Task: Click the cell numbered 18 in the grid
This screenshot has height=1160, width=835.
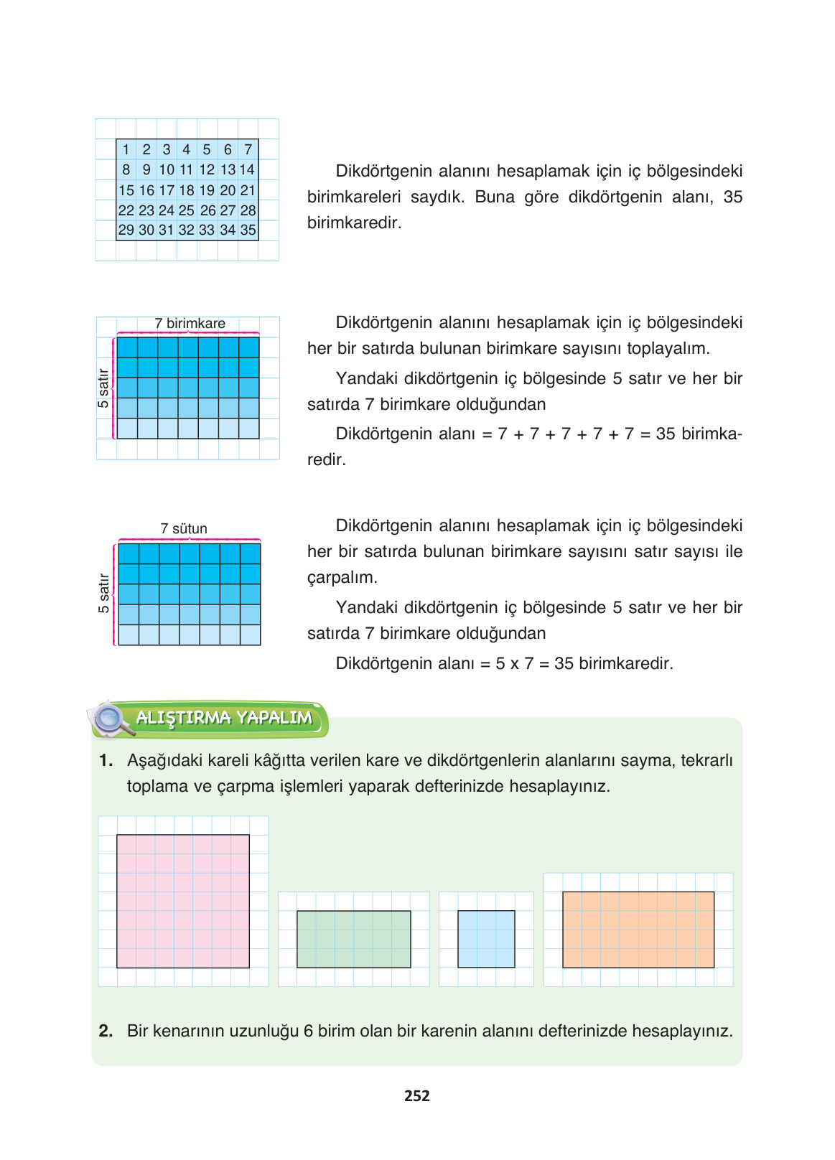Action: coord(187,190)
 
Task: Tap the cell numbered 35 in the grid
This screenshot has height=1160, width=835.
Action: coord(248,230)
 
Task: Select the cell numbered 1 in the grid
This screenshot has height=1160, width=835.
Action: coord(126,149)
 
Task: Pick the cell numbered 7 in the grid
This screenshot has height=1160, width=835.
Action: coord(248,149)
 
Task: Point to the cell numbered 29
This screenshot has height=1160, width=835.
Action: coord(126,230)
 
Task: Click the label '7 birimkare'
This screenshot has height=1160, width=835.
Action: coord(190,324)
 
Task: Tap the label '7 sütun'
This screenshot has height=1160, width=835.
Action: coord(184,529)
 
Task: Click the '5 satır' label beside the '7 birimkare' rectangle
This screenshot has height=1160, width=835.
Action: coord(103,388)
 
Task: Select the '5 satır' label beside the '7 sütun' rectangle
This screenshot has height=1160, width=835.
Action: coord(104,593)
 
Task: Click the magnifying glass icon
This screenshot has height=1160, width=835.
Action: coord(111,719)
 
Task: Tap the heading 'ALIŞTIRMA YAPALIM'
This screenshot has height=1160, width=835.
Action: coord(224,718)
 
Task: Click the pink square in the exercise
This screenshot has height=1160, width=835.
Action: coord(183,901)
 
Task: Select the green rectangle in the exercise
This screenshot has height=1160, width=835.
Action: coord(354,939)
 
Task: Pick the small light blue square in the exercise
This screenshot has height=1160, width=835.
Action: coord(486,939)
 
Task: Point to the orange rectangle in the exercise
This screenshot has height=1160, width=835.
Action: coord(638,930)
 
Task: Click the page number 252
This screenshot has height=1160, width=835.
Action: coord(417,1096)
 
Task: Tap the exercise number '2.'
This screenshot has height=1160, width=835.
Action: coord(106,1032)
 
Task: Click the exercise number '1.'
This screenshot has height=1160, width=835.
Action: coord(106,761)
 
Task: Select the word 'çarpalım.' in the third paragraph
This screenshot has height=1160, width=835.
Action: coord(342,578)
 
